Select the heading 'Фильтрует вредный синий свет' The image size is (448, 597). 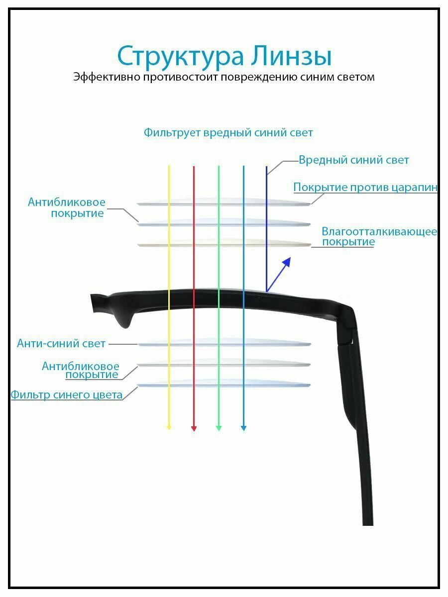(228, 133)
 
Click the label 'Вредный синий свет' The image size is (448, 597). (353, 160)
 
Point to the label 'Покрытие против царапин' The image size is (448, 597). (365, 188)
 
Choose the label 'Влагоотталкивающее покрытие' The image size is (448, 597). (378, 237)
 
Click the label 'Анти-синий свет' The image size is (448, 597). (61, 343)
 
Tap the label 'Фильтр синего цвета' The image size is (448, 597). (67, 395)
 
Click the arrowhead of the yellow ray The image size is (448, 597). (169, 427)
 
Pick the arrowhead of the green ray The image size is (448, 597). (219, 427)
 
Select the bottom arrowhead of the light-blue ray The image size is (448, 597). (243, 427)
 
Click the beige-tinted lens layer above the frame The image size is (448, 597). (224, 244)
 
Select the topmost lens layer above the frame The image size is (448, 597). (224, 202)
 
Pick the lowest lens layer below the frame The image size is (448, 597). (224, 384)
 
